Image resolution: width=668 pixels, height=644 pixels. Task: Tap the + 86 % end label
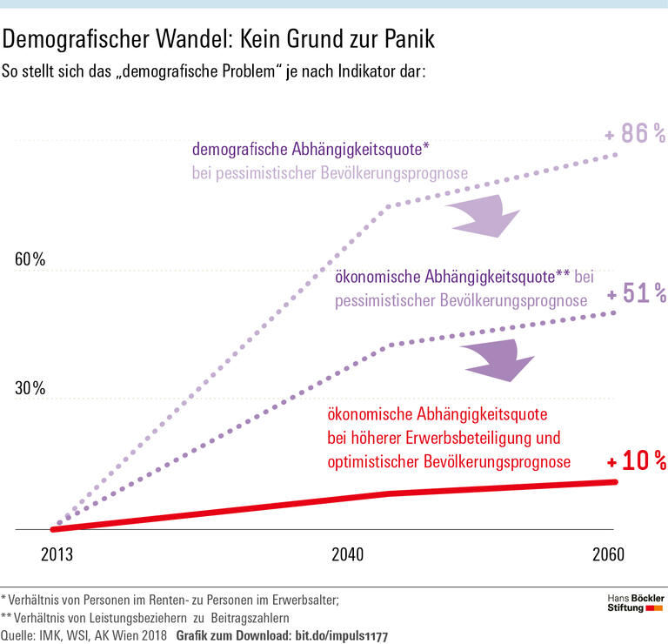pos(635,134)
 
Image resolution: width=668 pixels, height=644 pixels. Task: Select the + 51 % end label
pos(637,294)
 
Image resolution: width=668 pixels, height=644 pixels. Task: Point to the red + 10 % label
pos(636,460)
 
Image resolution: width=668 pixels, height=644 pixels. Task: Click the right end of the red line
pos(614,481)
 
